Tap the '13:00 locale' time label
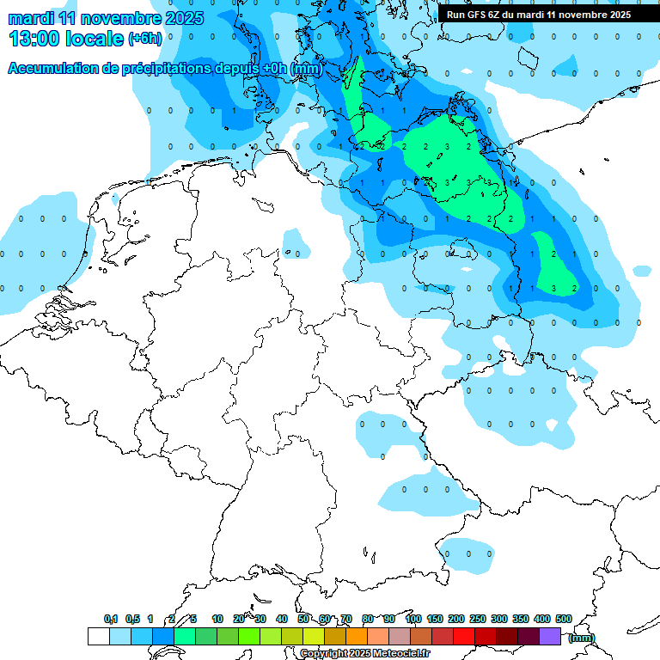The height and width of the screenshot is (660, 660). [x=65, y=39]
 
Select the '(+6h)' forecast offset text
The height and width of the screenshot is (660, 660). [x=144, y=39]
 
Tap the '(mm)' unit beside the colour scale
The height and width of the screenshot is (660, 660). [x=581, y=637]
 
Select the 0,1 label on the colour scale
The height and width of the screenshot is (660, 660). [x=111, y=619]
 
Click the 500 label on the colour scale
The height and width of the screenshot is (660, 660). [x=564, y=619]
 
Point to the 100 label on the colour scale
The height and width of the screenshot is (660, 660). [x=413, y=619]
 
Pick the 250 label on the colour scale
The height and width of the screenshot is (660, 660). [x=478, y=619]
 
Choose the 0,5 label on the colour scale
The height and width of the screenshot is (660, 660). [x=132, y=619]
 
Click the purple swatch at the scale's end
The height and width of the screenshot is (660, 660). [x=550, y=636]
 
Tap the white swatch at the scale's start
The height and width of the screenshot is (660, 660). [x=98, y=636]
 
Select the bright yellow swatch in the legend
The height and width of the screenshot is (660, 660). [x=314, y=636]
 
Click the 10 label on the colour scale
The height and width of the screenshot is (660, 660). [x=217, y=619]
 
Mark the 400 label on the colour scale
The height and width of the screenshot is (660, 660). [x=542, y=619]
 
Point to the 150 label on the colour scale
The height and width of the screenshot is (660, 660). [x=435, y=619]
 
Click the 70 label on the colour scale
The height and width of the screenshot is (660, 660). [x=346, y=619]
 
